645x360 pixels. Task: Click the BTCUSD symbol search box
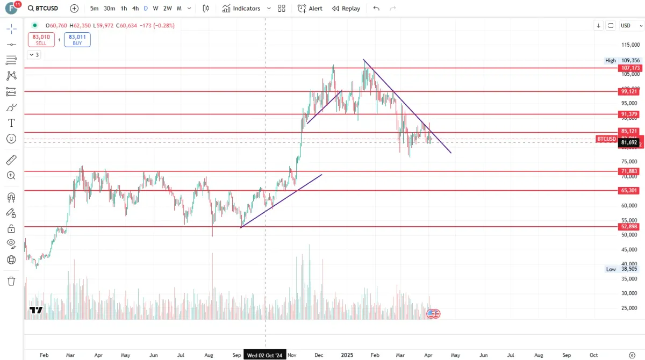(43, 9)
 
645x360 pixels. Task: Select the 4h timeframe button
(135, 9)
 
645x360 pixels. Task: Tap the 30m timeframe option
(109, 9)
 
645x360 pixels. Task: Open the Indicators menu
(241, 9)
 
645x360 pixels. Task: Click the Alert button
(310, 9)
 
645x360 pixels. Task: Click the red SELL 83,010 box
(41, 40)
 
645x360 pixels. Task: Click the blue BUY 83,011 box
(77, 40)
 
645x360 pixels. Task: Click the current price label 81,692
(629, 142)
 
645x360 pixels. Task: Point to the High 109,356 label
(623, 61)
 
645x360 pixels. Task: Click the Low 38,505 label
(623, 269)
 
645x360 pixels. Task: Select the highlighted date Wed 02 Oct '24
(265, 355)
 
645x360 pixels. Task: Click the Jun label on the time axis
(483, 355)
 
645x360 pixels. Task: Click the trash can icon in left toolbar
(11, 281)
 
